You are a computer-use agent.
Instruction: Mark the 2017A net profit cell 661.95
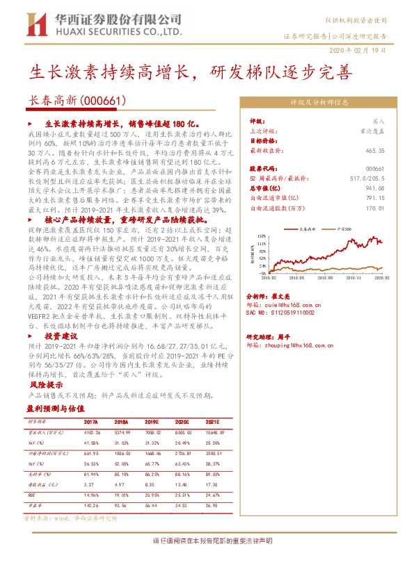coord(92,451)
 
